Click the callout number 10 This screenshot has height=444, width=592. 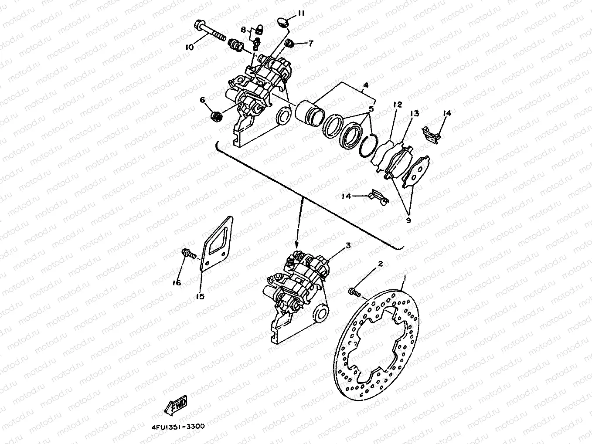click(x=189, y=47)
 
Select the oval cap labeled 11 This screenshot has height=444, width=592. click(x=283, y=22)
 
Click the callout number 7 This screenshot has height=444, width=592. click(x=311, y=43)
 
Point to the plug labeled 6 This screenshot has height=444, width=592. click(x=216, y=116)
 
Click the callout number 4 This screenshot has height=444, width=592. click(x=366, y=85)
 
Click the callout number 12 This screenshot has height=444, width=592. click(x=397, y=105)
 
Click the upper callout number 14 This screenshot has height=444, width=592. click(x=447, y=113)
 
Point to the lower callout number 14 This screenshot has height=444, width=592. click(x=346, y=197)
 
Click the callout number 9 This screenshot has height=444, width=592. click(x=408, y=220)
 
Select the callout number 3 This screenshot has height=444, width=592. click(x=348, y=246)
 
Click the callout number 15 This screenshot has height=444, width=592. click(x=200, y=297)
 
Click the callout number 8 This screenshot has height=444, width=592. click(x=243, y=30)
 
